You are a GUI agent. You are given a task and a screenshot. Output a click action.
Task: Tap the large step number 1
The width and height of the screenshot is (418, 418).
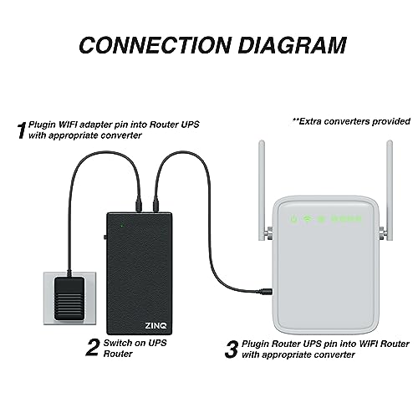21,130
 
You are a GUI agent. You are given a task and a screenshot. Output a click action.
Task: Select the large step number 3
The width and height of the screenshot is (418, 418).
230,347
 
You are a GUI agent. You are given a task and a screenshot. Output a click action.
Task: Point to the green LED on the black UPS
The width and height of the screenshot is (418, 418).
122,225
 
